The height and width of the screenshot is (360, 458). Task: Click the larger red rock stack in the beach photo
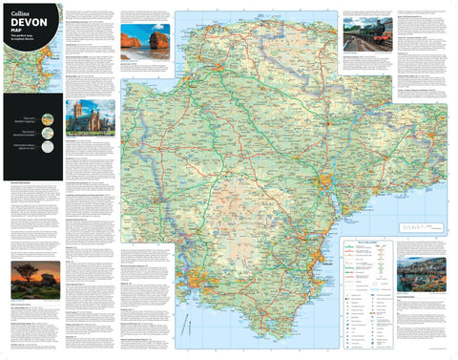click(156, 41)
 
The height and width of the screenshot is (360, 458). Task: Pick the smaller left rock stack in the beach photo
click(131, 41)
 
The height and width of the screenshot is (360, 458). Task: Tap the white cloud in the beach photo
click(143, 31)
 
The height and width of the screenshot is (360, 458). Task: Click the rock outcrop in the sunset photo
click(48, 281)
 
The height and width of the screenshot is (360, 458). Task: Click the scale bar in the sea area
click(420, 226)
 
